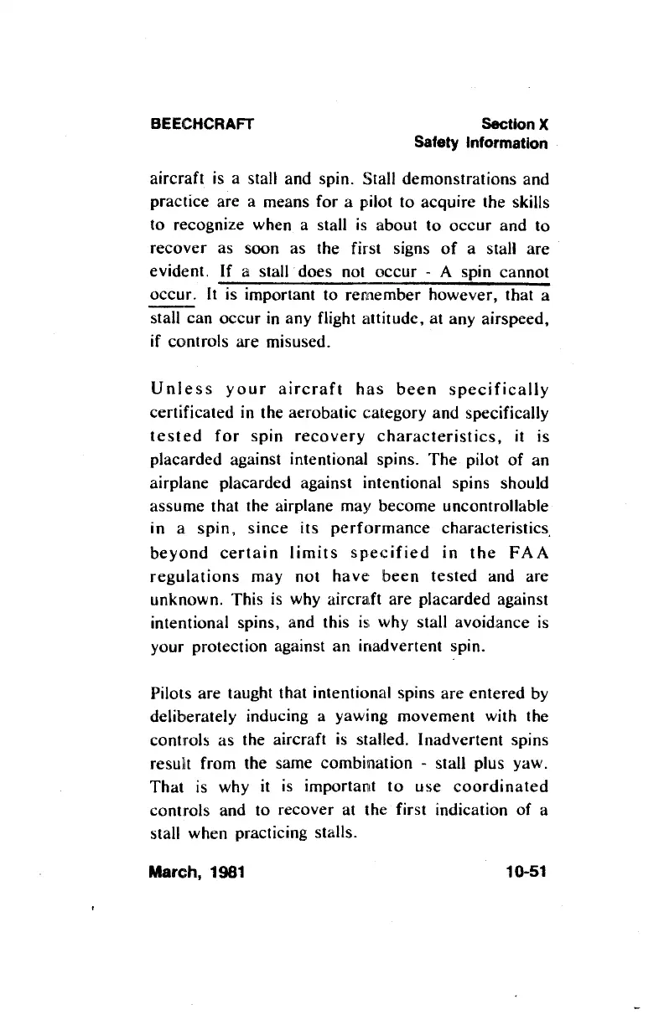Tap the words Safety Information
481,143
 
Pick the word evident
177,272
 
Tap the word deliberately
197,718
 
